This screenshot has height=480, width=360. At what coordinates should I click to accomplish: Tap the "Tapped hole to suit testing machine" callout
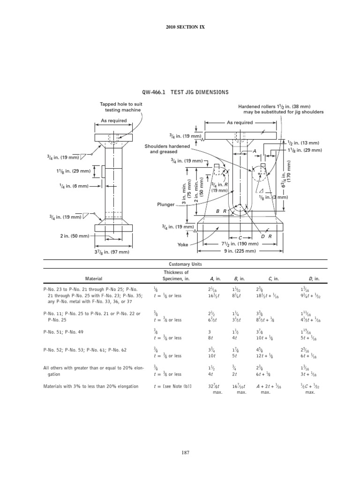(x=120, y=107)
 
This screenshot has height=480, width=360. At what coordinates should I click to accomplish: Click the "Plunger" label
(x=166, y=205)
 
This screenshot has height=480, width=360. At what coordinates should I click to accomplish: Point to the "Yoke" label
(x=182, y=244)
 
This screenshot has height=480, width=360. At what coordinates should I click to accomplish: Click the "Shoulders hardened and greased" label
(x=161, y=149)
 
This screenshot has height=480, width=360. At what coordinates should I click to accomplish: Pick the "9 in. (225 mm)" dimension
(x=240, y=251)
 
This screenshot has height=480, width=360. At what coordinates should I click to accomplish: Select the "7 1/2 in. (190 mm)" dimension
(x=240, y=244)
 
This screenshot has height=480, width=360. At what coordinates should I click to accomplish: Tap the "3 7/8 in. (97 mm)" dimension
(x=112, y=252)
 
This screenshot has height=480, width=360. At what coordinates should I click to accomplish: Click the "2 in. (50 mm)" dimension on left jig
(x=75, y=236)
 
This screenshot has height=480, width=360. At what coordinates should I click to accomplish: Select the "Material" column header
(x=93, y=278)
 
